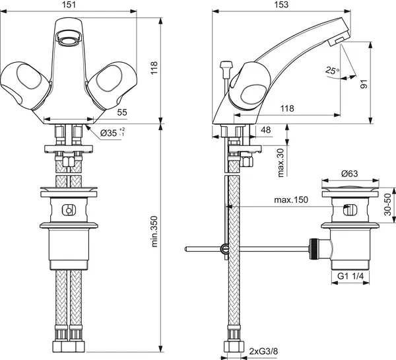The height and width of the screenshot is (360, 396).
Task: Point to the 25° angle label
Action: tap(332, 69)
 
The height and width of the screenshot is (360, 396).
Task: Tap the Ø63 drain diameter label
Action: tap(349, 174)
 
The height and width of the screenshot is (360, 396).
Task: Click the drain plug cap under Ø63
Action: tap(349, 192)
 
